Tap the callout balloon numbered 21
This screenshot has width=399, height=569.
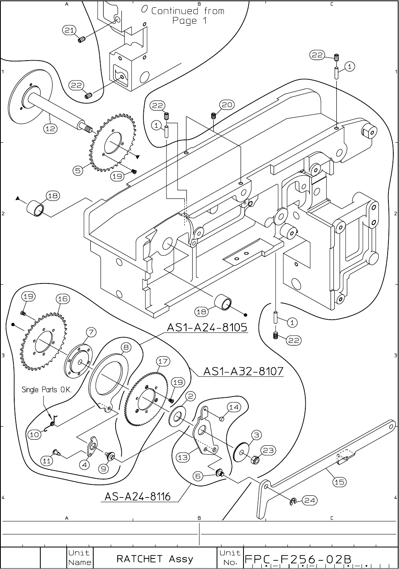pyautogui.click(x=69, y=30)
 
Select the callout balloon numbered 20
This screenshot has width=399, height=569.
pyautogui.click(x=227, y=105)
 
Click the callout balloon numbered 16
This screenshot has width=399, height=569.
pyautogui.click(x=62, y=299)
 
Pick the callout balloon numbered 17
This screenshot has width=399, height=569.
pyautogui.click(x=162, y=361)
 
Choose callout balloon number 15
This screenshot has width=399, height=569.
pyautogui.click(x=339, y=482)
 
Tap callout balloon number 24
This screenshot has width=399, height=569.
pyautogui.click(x=310, y=500)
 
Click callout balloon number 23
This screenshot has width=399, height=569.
pyautogui.click(x=268, y=450)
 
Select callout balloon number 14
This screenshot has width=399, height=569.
pyautogui.click(x=234, y=407)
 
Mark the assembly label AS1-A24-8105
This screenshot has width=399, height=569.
pyautogui.click(x=207, y=327)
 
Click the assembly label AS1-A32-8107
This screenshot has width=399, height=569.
pyautogui.click(x=243, y=371)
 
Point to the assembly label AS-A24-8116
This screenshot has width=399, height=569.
pyautogui.click(x=138, y=497)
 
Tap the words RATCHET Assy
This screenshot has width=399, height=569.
pyautogui.click(x=155, y=559)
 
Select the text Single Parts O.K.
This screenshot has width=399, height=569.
pyautogui.click(x=46, y=390)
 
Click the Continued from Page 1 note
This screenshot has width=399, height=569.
pyautogui.click(x=188, y=15)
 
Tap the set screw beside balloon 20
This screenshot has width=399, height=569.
pyautogui.click(x=213, y=116)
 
